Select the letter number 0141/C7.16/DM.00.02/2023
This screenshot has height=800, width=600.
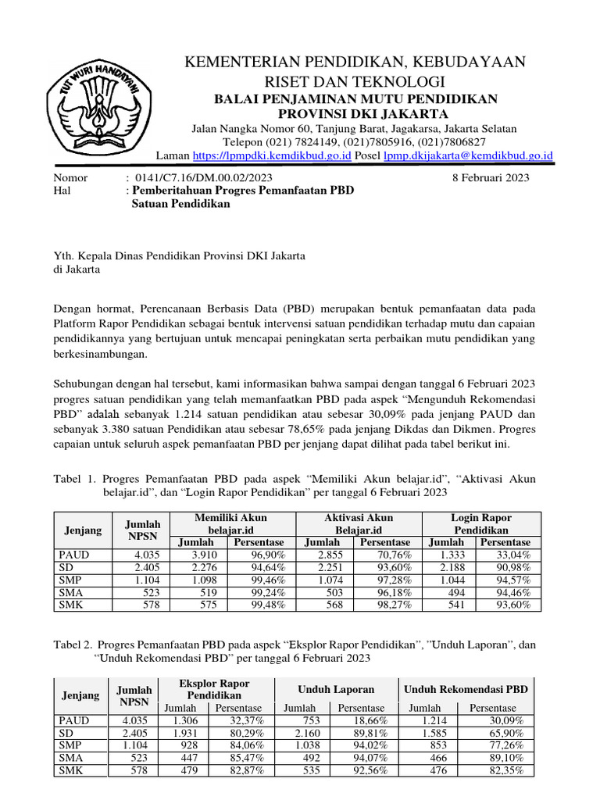pyautogui.click(x=204, y=177)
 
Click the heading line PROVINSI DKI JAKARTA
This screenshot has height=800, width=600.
pyautogui.click(x=356, y=113)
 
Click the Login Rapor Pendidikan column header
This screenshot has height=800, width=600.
pyautogui.click(x=480, y=523)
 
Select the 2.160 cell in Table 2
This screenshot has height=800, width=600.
pyautogui.click(x=298, y=733)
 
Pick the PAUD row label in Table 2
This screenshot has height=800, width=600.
pyautogui.click(x=74, y=720)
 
